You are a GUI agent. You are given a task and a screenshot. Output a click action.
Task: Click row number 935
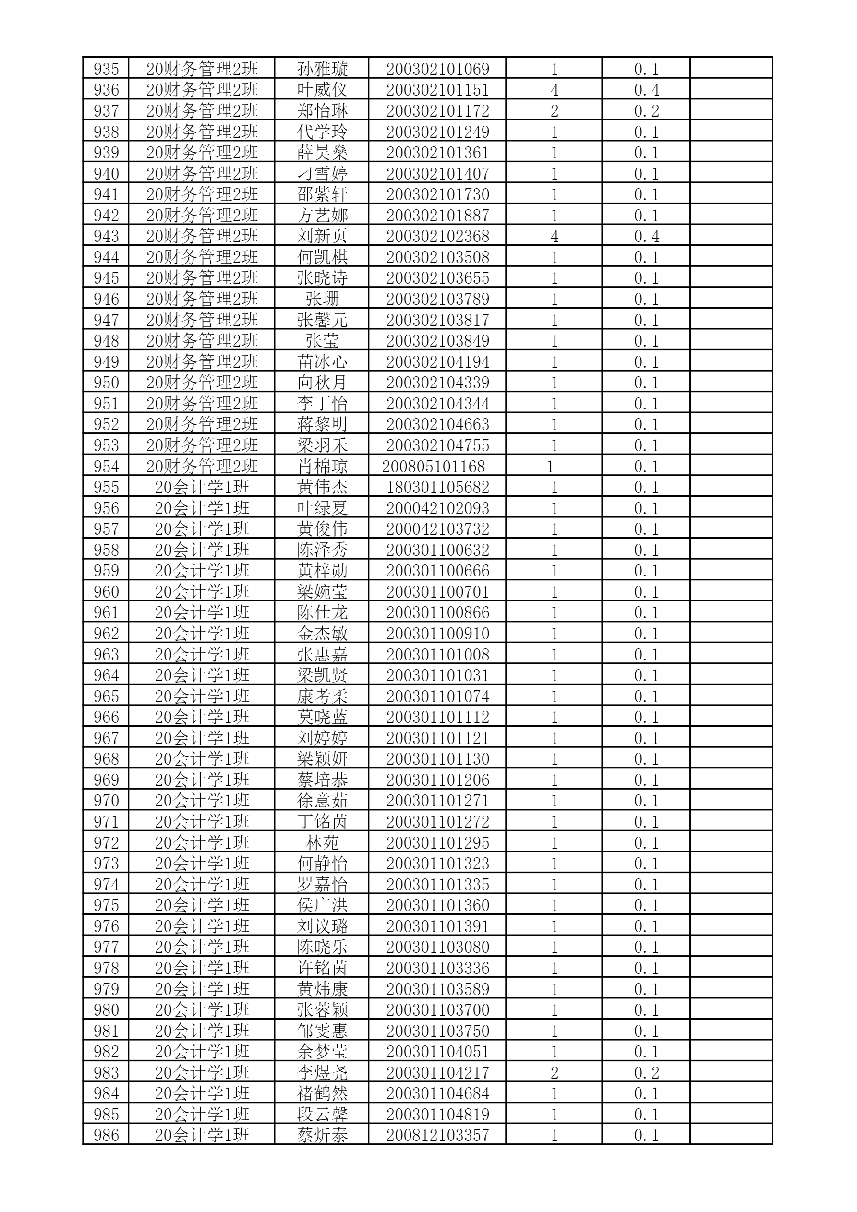pyautogui.click(x=106, y=69)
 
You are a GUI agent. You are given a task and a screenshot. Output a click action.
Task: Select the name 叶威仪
pyautogui.click(x=322, y=90)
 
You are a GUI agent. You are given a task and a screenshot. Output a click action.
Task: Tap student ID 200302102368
pyautogui.click(x=438, y=236)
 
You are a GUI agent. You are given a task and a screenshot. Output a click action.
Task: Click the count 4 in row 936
pyautogui.click(x=554, y=90)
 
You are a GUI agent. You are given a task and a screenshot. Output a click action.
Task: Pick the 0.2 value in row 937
pyautogui.click(x=646, y=111)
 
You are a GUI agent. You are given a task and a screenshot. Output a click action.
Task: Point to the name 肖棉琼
pyautogui.click(x=322, y=466)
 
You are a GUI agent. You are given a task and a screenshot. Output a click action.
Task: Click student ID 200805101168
pyautogui.click(x=434, y=466)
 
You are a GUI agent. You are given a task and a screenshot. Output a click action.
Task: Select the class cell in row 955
pyautogui.click(x=202, y=487)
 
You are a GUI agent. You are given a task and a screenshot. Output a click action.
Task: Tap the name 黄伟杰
pyautogui.click(x=322, y=487)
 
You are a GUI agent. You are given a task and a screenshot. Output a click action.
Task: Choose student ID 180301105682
pyautogui.click(x=438, y=487)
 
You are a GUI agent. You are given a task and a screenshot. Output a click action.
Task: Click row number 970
pyautogui.click(x=106, y=801)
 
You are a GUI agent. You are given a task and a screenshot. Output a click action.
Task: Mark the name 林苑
pyautogui.click(x=322, y=842)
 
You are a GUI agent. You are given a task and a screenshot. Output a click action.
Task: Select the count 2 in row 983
pyautogui.click(x=554, y=1072)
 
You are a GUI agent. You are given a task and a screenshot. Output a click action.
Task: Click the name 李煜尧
pyautogui.click(x=322, y=1072)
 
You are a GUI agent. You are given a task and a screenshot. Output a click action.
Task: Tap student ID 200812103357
pyautogui.click(x=438, y=1135)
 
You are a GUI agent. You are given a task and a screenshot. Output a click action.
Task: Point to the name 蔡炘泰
pyautogui.click(x=322, y=1135)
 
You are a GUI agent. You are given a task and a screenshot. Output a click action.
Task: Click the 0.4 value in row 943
pyautogui.click(x=646, y=236)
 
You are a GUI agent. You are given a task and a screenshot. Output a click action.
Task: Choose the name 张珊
pyautogui.click(x=322, y=299)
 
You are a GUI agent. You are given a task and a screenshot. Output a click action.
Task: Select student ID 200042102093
pyautogui.click(x=438, y=508)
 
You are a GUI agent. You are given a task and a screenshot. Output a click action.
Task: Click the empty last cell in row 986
pyautogui.click(x=731, y=1135)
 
